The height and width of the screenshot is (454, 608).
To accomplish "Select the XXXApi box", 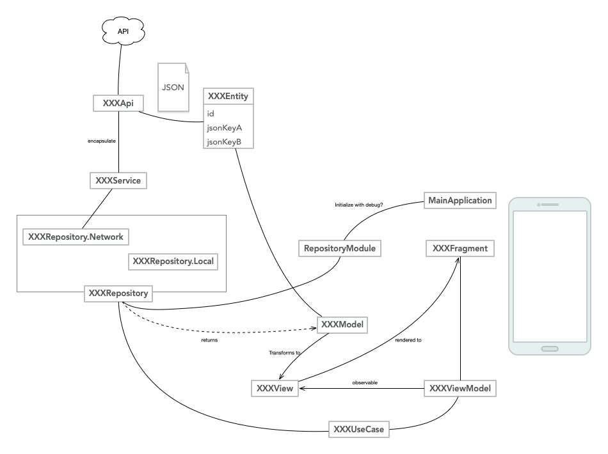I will pyautogui.click(x=117, y=102).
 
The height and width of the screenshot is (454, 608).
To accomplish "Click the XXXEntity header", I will pyautogui.click(x=227, y=97).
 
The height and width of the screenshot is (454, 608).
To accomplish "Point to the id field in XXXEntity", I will pyautogui.click(x=211, y=113).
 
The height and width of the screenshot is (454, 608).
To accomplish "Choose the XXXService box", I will pyautogui.click(x=118, y=181).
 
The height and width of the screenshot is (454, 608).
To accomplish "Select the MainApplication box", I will pyautogui.click(x=460, y=201).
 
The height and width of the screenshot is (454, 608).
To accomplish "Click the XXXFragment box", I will pyautogui.click(x=460, y=249).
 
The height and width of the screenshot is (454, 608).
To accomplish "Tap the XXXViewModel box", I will pyautogui.click(x=461, y=388).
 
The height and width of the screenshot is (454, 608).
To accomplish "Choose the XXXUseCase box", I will pyautogui.click(x=359, y=429).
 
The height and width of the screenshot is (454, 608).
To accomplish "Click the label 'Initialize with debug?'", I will pyautogui.click(x=358, y=205).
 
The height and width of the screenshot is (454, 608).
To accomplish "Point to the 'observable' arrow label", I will pyautogui.click(x=365, y=382).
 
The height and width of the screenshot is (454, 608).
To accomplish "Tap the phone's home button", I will pyautogui.click(x=550, y=349).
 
